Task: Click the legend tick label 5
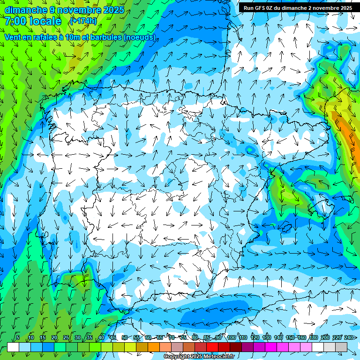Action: pos(18,338)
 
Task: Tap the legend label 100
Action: pos(232,338)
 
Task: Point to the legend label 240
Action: pos(349,338)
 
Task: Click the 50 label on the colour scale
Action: pos(125,338)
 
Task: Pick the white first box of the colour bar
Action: pos(13,347)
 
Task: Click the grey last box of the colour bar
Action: pos(341,347)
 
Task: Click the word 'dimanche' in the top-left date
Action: pos(25,10)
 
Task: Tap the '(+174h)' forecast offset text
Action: pos(83,21)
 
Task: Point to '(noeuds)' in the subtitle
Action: pos(139,37)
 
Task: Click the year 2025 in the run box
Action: pos(345,8)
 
